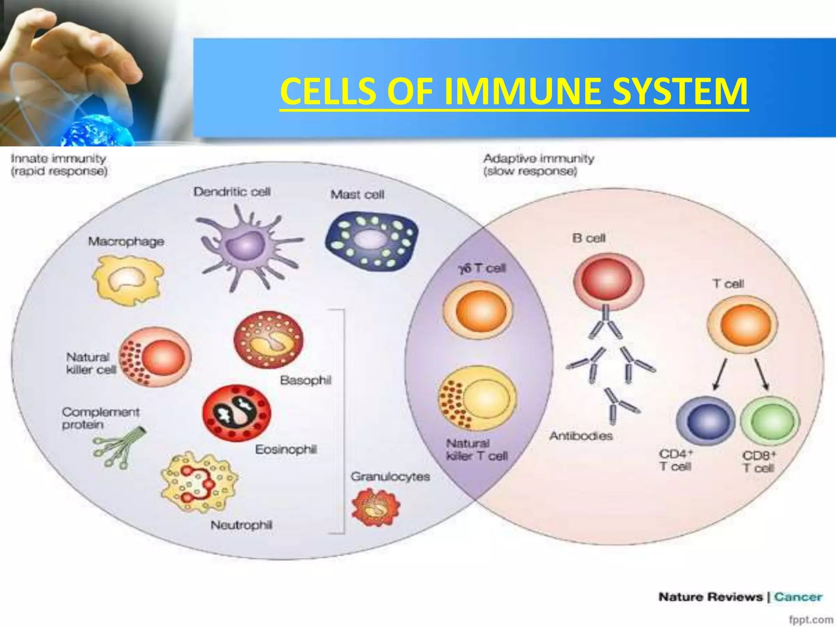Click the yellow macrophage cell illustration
pos(127,280)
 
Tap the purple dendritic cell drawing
pos(245,247)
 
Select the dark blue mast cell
pos(371,241)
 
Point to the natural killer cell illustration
pos(155,357)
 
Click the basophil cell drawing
pos(268,340)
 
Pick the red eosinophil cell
pos(236,413)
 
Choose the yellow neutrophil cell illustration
pos(199,482)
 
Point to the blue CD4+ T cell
pos(705,422)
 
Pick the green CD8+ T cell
pos(769,422)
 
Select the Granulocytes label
pos(390,476)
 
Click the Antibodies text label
pos(581,436)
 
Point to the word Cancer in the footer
pos(798,597)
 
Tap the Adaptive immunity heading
pos(538,158)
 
